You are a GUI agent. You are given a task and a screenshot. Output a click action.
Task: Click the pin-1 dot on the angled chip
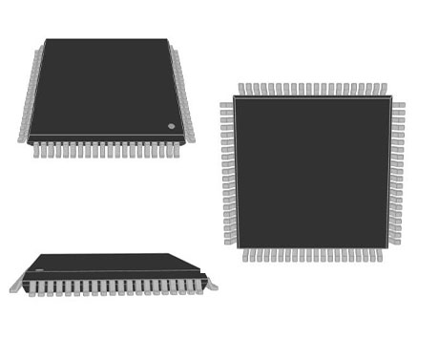tap(172, 126)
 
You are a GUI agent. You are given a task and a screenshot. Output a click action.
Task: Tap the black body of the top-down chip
tap(312, 172)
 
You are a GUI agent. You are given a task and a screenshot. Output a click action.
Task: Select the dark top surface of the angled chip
tap(105, 86)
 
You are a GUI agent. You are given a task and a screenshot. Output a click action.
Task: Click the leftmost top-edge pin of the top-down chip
tap(241, 89)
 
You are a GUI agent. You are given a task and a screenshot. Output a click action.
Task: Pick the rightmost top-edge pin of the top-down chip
tap(384, 89)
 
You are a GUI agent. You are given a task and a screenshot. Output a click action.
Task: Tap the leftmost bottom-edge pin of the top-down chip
tap(245, 255)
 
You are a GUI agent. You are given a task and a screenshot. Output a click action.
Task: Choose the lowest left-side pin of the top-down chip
tap(229, 242)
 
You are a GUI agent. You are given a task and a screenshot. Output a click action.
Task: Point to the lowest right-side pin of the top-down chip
tap(394, 242)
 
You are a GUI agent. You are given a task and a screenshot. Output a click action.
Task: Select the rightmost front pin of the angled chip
tap(181, 150)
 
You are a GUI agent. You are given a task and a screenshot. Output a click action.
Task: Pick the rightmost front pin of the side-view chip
tap(199, 286)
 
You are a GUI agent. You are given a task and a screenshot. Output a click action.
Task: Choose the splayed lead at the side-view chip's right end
tap(211, 284)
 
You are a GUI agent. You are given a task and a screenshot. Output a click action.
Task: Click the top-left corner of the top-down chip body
tap(235, 97)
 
